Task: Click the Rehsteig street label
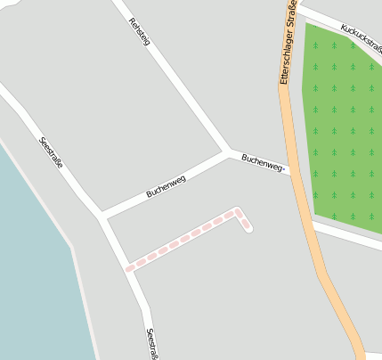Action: coord(139,32)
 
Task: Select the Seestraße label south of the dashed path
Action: coord(151,343)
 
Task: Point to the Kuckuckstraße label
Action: coord(360,38)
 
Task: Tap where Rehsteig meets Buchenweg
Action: coord(226,151)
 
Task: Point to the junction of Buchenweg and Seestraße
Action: coord(102,215)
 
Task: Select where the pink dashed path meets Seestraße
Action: coord(128,266)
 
